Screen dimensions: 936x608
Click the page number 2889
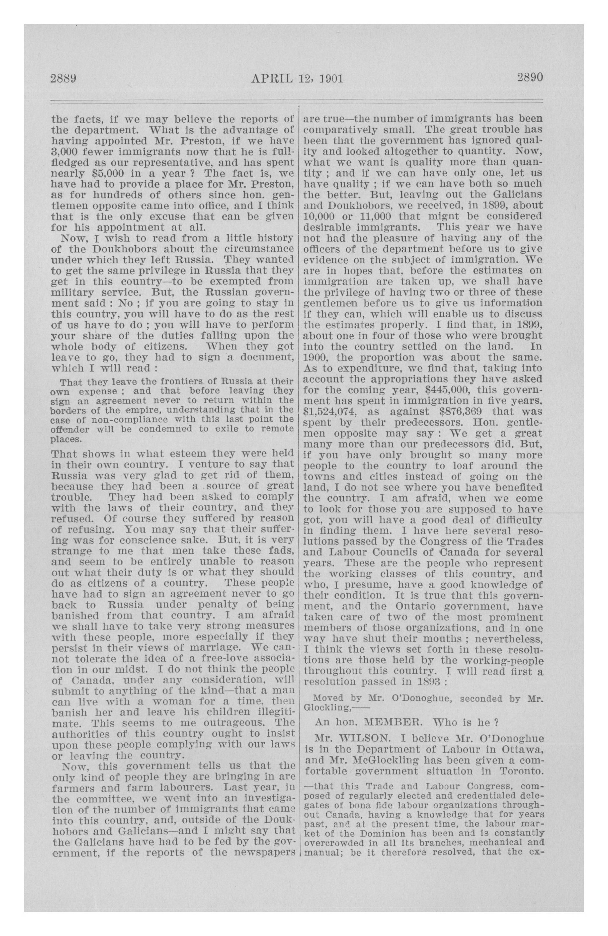(x=63, y=78)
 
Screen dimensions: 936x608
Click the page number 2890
(x=530, y=77)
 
